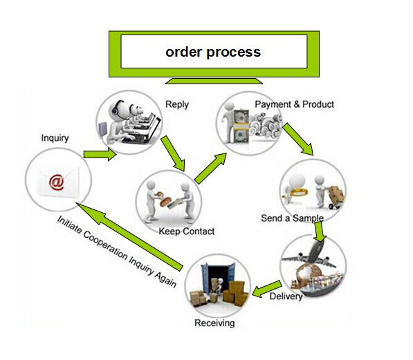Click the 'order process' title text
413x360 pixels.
click(x=213, y=52)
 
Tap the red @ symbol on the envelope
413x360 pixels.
click(x=56, y=182)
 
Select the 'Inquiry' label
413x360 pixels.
click(x=55, y=138)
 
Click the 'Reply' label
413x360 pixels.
click(x=176, y=104)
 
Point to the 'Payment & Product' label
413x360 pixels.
click(x=294, y=104)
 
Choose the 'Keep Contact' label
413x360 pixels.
click(x=187, y=231)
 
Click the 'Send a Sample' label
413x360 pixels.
click(x=293, y=218)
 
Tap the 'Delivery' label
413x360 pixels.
click(x=286, y=296)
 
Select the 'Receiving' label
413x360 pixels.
click(x=214, y=323)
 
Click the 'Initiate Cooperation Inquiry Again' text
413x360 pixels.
click(x=117, y=252)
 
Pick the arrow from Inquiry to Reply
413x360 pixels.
click(x=100, y=155)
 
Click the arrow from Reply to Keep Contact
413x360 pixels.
click(x=173, y=153)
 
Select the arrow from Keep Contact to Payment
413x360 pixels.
click(x=210, y=168)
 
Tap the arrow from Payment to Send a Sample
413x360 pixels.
click(x=298, y=139)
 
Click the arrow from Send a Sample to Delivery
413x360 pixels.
click(x=320, y=231)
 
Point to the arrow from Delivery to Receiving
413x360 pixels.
click(x=267, y=289)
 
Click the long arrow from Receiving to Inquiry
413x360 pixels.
click(x=129, y=237)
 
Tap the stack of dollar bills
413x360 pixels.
click(x=241, y=126)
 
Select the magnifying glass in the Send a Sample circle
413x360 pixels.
click(x=297, y=193)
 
